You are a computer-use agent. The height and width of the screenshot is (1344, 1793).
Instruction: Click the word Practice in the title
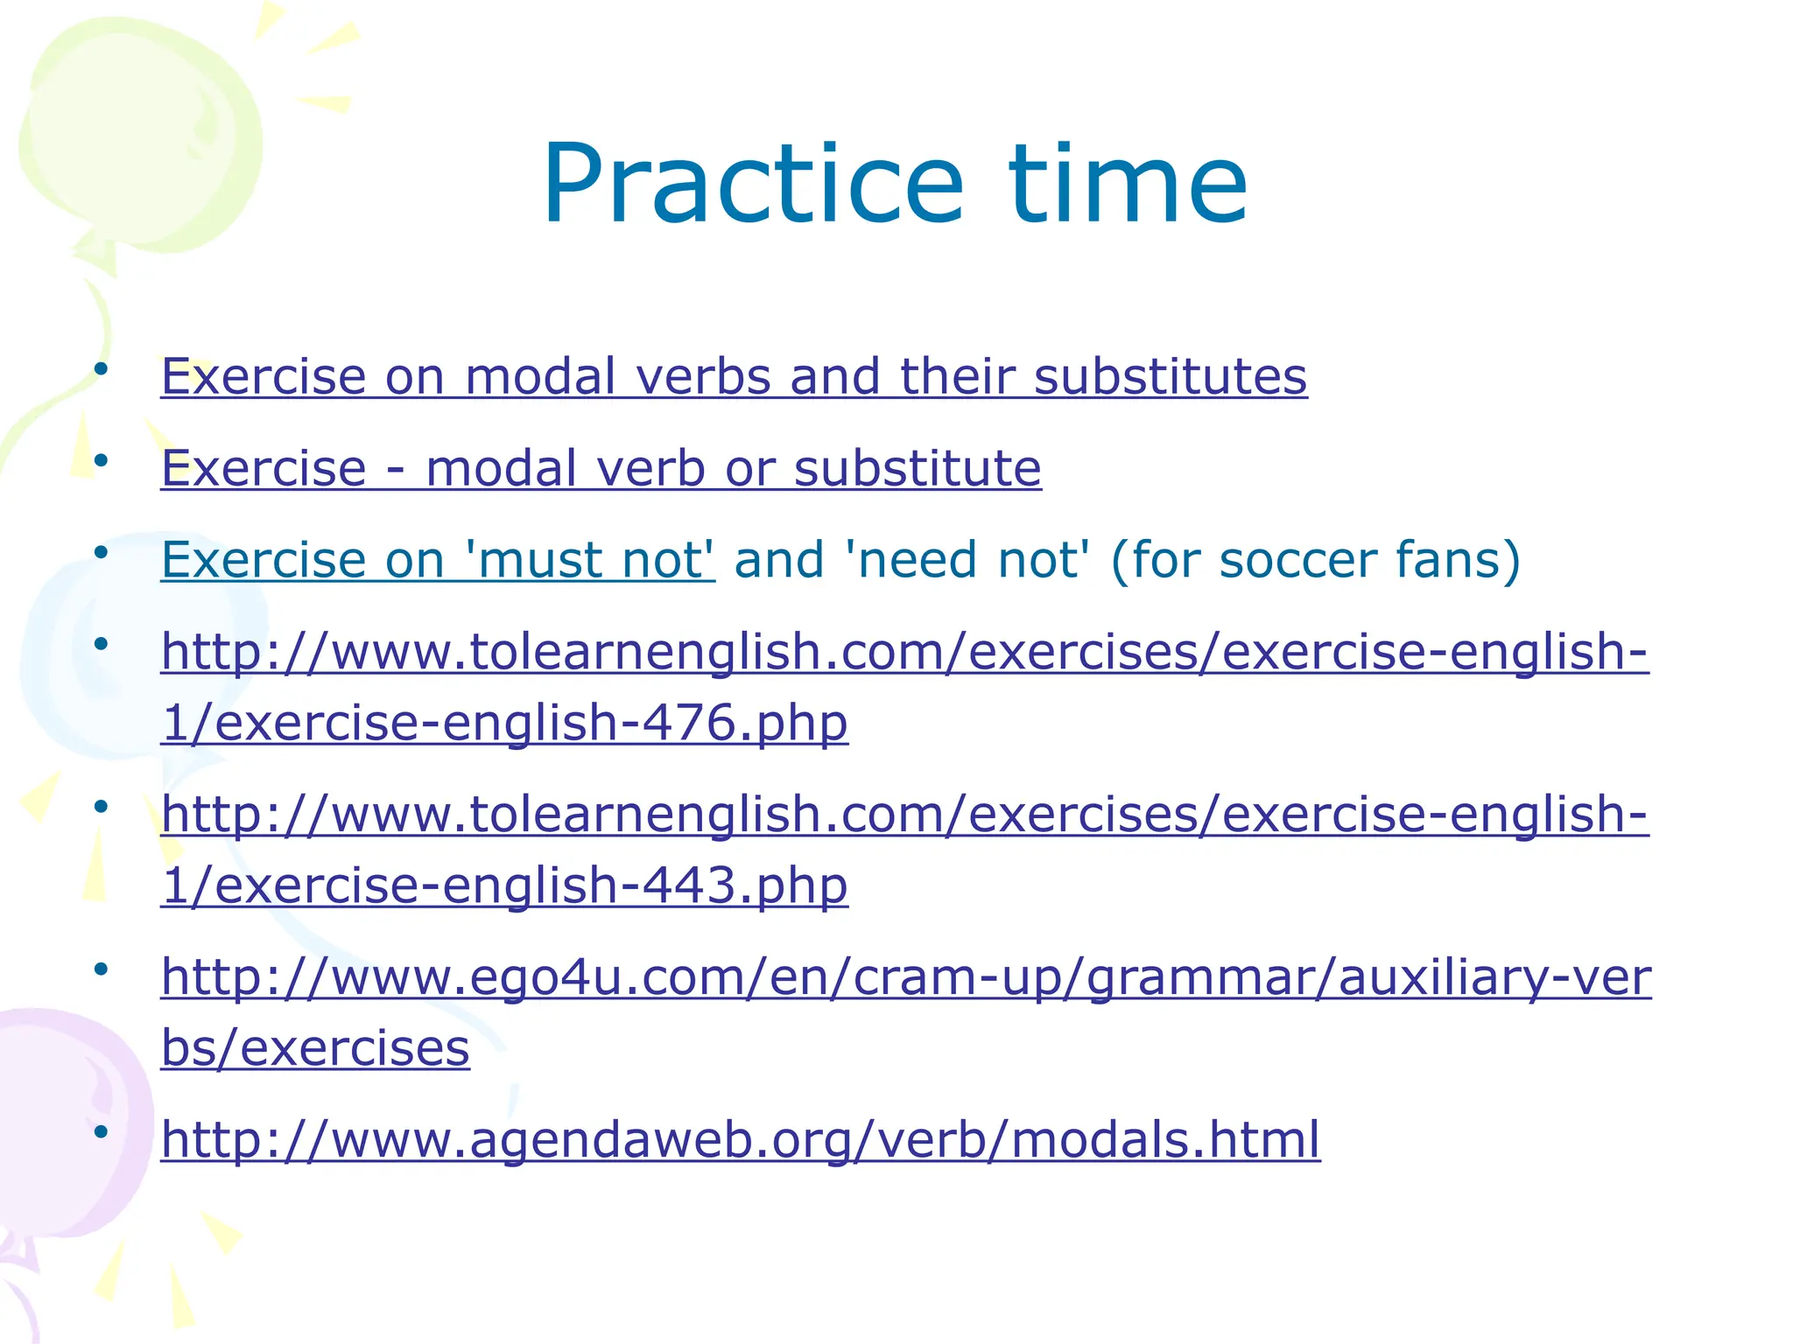753,185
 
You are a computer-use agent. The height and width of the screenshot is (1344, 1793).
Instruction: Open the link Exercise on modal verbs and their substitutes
734,377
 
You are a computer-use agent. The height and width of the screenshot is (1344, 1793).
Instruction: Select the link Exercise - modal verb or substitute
601,468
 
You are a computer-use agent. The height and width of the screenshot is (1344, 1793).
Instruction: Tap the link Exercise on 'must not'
438,560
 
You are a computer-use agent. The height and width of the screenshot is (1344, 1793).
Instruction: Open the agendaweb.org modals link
740,1140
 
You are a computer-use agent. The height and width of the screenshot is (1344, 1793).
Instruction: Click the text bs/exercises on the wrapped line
315,1048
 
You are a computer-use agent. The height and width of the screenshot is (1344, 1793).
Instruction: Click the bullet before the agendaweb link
101,1131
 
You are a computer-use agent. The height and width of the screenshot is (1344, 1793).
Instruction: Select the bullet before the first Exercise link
101,368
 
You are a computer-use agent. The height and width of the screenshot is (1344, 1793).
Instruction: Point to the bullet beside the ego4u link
101,969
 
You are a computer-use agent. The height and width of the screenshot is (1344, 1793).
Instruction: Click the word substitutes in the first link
1170,377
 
